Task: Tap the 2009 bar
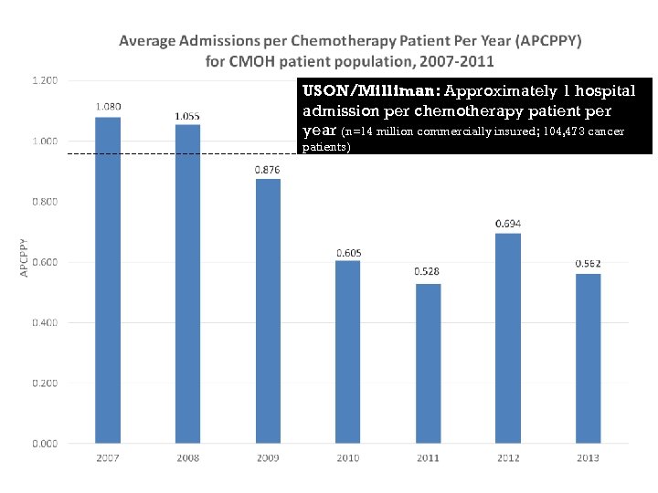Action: click(268, 311)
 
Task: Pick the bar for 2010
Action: click(347, 352)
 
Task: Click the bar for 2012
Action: click(508, 339)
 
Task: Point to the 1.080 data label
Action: click(108, 107)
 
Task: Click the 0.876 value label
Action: click(268, 170)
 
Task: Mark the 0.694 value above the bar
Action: click(508, 224)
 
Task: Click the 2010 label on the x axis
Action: click(347, 457)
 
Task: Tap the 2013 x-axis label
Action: click(588, 457)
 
